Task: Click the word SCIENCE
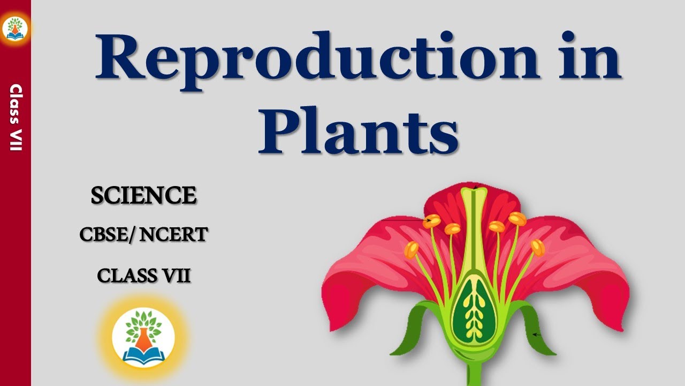pos(143,196)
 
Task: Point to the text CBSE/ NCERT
pos(143,234)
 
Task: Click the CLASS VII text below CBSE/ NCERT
pos(143,276)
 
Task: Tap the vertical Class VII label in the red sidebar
pos(16,118)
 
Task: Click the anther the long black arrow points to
pos(432,220)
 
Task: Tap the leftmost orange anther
pos(412,249)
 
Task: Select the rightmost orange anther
pos(537,248)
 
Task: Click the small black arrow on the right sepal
pos(537,335)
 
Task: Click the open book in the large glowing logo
pos(143,353)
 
